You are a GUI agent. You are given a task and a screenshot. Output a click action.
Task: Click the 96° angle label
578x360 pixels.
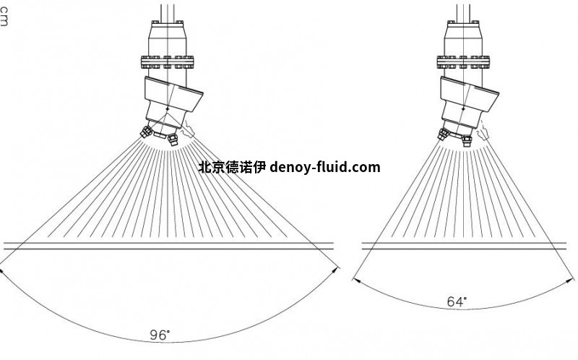pyautogui.click(x=160, y=335)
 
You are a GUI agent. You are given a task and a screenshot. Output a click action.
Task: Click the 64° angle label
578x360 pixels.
pyautogui.click(x=456, y=302)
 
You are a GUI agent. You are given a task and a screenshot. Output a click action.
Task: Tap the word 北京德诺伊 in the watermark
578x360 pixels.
pyautogui.click(x=231, y=167)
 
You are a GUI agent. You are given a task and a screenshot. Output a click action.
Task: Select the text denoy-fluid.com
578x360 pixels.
pyautogui.click(x=324, y=167)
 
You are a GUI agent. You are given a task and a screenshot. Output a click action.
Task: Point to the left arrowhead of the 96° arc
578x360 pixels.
pyautogui.click(x=2, y=270)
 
